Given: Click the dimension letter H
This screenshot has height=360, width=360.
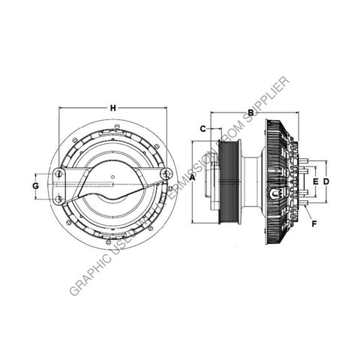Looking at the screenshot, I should [x=112, y=109].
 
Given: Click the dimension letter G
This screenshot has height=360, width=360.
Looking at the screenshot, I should [x=35, y=185].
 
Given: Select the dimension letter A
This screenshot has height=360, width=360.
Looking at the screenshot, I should [x=192, y=178].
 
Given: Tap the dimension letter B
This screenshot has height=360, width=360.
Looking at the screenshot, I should [x=250, y=114].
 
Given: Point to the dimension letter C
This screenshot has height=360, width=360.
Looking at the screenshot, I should [x=202, y=128].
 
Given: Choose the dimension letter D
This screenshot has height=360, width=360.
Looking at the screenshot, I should [x=327, y=181].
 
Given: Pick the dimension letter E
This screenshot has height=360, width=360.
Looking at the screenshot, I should [x=316, y=181].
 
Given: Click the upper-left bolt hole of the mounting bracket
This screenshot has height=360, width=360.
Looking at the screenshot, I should [x=58, y=174].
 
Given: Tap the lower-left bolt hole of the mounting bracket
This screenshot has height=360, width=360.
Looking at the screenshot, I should [x=58, y=198].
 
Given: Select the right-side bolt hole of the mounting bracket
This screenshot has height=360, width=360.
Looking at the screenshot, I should [x=166, y=174].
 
